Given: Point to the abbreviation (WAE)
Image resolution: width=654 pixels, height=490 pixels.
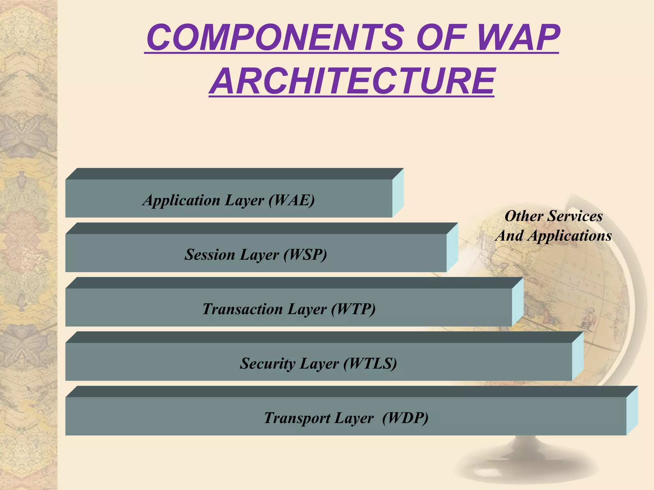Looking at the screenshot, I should (292, 200).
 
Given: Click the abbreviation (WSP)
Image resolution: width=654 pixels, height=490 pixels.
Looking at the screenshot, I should (305, 255).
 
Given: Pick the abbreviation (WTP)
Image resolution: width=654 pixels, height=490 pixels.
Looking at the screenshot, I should (353, 309).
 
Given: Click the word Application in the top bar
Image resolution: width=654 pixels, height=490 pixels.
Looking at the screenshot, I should (181, 200).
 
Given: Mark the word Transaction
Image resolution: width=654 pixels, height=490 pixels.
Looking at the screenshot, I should (243, 309).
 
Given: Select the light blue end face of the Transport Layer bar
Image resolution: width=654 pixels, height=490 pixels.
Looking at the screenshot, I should (632, 411).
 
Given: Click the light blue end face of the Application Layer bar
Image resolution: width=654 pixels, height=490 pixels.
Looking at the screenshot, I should (398, 193).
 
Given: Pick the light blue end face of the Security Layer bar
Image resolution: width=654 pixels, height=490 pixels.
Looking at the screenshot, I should (578, 356).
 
